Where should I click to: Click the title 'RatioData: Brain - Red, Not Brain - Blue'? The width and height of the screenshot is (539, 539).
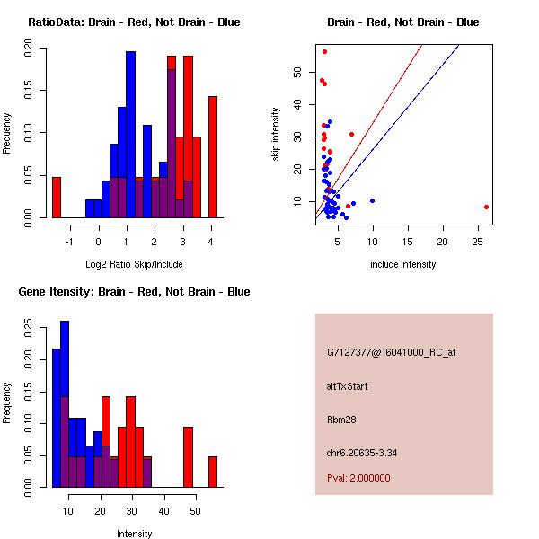pos(134,22)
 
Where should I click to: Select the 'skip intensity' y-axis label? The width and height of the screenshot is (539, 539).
pos(276,135)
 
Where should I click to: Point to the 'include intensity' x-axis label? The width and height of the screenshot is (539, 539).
pos(403,264)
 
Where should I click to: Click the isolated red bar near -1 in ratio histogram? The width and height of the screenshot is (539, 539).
pos(57,197)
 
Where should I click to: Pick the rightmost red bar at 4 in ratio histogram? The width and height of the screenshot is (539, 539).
pos(213,157)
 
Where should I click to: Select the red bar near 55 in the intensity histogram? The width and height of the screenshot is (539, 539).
pos(213,472)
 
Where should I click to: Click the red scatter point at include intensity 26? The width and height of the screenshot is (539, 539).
pos(486,207)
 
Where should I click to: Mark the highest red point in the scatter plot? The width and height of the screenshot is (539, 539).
pos(324,51)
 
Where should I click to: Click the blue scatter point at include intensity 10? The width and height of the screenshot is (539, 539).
pos(372,200)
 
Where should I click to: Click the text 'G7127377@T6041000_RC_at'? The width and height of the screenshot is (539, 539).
pos(392,353)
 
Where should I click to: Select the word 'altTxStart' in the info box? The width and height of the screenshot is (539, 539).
pos(347,386)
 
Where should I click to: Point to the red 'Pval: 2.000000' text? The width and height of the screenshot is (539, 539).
pos(358,478)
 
